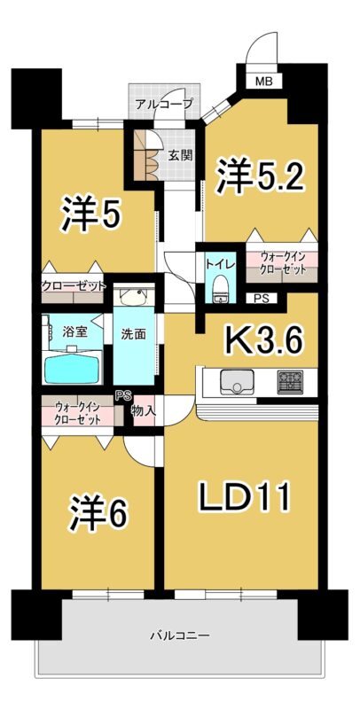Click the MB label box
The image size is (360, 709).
[264, 82]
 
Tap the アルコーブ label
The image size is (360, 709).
[165, 104]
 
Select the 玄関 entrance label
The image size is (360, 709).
[181, 155]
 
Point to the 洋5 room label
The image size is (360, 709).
[92, 216]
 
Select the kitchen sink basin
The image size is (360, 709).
[237, 382]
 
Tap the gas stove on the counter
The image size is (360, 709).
[290, 382]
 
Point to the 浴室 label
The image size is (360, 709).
[74, 331]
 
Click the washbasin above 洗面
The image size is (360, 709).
[134, 296]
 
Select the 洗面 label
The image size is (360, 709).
[134, 334]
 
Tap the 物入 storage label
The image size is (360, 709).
[144, 411]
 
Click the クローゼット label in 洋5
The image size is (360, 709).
[74, 286]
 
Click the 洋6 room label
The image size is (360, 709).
[99, 514]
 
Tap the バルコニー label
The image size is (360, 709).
[179, 635]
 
